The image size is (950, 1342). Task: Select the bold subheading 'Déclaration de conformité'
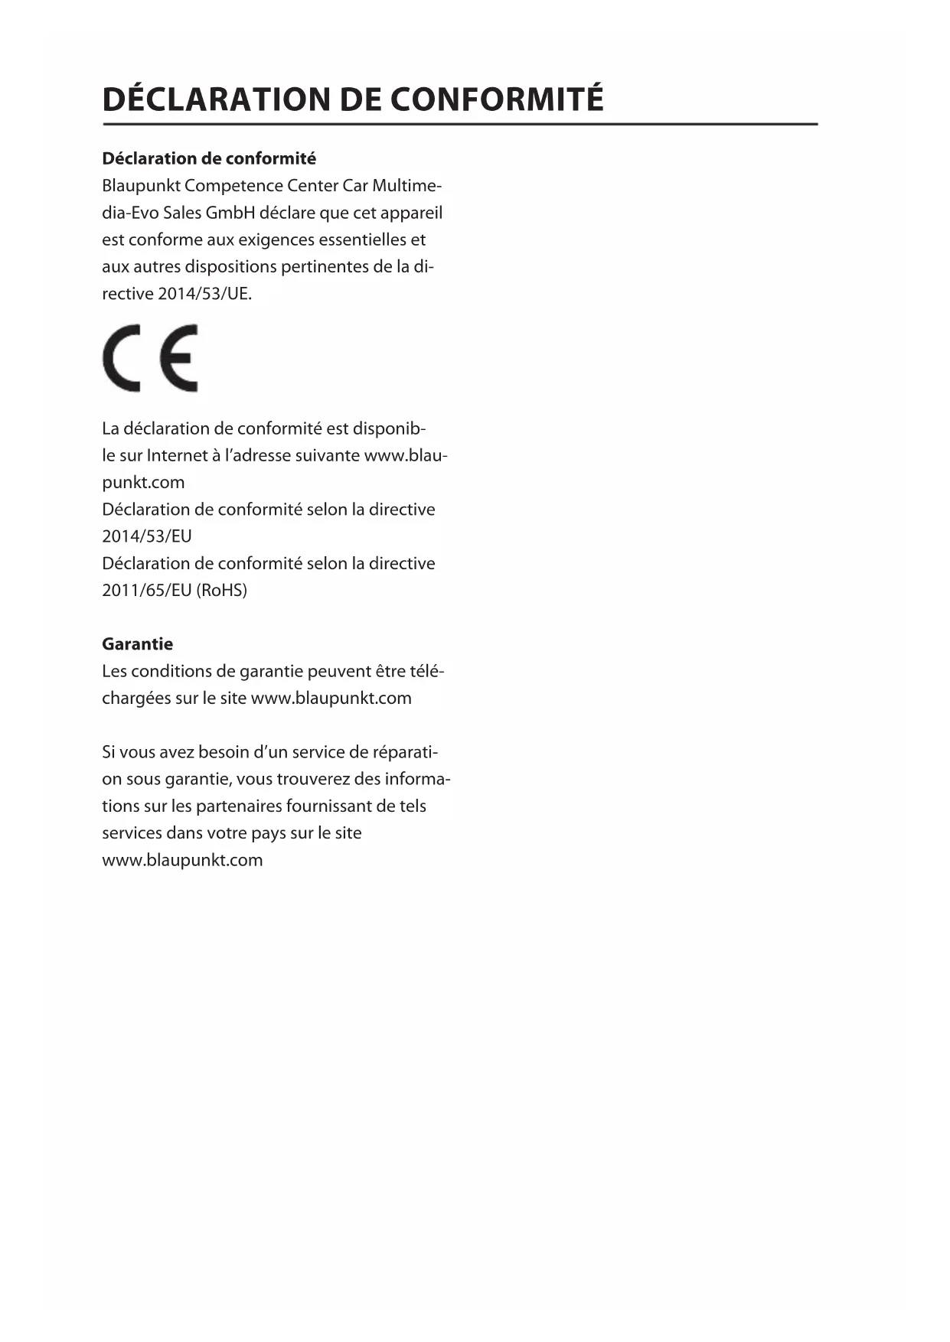209,158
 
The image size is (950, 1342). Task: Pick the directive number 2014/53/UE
204,294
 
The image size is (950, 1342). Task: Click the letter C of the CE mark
122,358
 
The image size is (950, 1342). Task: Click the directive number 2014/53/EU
147,536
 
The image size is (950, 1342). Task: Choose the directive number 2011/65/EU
147,590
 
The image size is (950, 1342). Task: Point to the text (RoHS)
222,590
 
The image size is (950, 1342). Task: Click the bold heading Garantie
138,644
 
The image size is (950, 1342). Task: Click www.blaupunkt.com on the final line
182,860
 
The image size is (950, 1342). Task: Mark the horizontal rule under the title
460,124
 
